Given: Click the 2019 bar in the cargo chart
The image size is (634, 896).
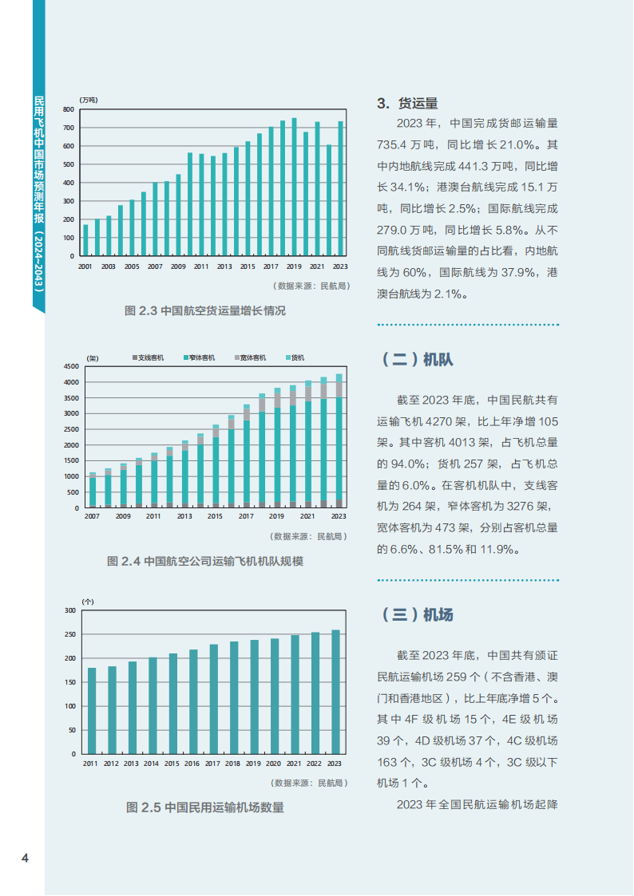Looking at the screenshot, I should click(294, 187).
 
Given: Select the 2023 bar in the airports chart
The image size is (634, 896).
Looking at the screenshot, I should click(335, 692).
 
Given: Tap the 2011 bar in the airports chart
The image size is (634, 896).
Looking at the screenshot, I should click(92, 710).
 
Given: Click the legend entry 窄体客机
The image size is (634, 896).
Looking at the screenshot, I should click(200, 358).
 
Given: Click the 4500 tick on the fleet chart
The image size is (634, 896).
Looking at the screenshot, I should click(71, 366).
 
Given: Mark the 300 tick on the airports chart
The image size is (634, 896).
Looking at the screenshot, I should click(69, 611).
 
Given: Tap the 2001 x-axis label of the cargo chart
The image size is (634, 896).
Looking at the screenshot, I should click(85, 266).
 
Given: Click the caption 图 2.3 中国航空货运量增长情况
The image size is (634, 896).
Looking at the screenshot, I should click(205, 311).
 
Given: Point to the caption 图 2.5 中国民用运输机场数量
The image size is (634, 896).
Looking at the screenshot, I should click(205, 807).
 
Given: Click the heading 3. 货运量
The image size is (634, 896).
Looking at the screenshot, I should click(407, 103).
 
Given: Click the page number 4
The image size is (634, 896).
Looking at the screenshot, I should click(25, 859).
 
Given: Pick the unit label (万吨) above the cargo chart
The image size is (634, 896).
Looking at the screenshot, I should click(89, 99).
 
